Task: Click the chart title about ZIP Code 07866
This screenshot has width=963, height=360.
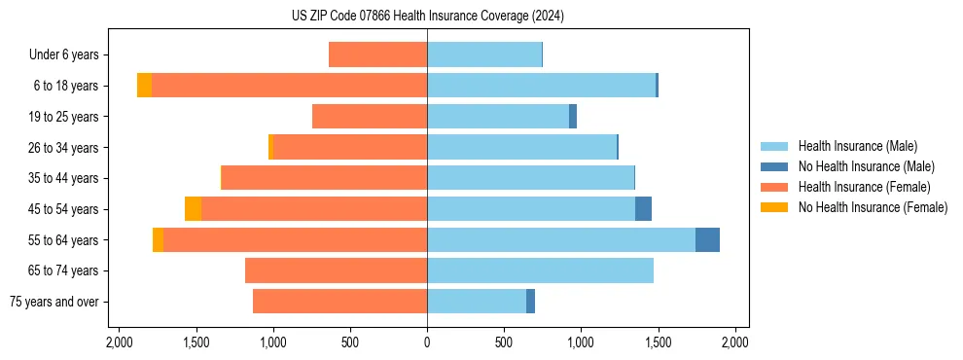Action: [x=427, y=16]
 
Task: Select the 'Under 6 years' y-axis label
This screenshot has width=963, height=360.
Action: [x=69, y=54]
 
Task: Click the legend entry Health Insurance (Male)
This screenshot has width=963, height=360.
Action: [x=857, y=146]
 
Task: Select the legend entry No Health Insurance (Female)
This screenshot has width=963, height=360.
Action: [x=873, y=207]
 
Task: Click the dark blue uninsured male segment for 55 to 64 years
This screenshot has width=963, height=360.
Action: [x=707, y=239]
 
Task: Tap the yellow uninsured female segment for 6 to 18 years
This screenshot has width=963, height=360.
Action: [x=144, y=86]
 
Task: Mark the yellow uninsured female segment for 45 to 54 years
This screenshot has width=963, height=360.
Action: [x=193, y=209]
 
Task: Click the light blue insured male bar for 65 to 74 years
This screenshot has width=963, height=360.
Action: [x=540, y=270]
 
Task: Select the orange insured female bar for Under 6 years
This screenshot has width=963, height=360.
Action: [x=377, y=54]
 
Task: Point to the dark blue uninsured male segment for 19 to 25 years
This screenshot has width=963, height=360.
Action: [x=573, y=117]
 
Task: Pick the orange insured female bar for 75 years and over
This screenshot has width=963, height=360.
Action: [x=339, y=302]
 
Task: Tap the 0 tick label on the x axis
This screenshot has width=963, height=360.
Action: [x=427, y=342]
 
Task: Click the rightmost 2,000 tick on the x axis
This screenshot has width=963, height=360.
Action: [x=734, y=342]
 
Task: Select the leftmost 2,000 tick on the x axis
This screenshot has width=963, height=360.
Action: [x=119, y=342]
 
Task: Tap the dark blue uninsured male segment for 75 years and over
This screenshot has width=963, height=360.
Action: [x=530, y=302]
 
